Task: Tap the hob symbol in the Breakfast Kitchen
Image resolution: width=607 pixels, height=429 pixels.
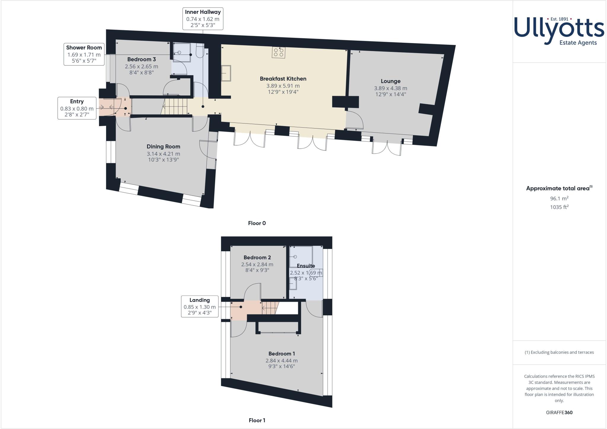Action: pyautogui.click(x=278, y=53)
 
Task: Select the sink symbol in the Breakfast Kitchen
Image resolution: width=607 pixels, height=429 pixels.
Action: pyautogui.click(x=226, y=73)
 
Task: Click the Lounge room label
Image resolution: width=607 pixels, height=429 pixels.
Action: pyautogui.click(x=390, y=81)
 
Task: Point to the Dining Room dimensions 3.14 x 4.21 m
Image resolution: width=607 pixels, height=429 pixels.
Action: pyautogui.click(x=163, y=154)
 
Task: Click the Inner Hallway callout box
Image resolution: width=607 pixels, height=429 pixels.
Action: pyautogui.click(x=203, y=19)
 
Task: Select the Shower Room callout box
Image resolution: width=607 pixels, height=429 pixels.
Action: pyautogui.click(x=84, y=54)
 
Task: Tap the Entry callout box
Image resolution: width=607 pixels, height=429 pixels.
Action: pyautogui.click(x=77, y=108)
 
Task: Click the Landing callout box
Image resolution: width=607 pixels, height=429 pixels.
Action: pyautogui.click(x=199, y=306)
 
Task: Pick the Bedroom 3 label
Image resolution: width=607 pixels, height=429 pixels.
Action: pyautogui.click(x=141, y=59)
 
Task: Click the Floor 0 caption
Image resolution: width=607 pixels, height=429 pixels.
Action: pyautogui.click(x=257, y=223)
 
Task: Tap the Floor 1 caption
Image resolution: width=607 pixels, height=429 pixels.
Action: pyautogui.click(x=257, y=420)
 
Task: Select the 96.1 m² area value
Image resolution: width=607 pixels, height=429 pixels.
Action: pyautogui.click(x=559, y=198)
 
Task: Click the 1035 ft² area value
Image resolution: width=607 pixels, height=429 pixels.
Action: pyautogui.click(x=559, y=207)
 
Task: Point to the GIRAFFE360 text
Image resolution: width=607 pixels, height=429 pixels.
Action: pyautogui.click(x=559, y=412)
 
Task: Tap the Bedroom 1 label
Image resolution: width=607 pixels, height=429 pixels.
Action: pyautogui.click(x=281, y=353)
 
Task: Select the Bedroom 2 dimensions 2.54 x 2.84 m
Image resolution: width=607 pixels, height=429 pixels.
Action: pyautogui.click(x=257, y=264)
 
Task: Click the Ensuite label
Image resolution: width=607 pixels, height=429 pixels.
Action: pyautogui.click(x=306, y=266)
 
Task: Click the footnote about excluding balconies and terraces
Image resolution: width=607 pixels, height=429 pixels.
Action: pyautogui.click(x=559, y=352)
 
